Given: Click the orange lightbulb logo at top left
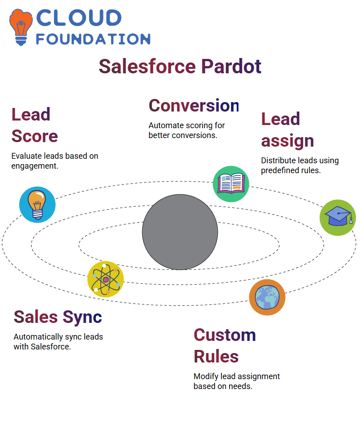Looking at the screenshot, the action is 21,27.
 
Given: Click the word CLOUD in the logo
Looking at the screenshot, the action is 79,18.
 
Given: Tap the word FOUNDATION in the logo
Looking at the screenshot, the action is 93,39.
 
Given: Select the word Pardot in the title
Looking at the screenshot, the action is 231,67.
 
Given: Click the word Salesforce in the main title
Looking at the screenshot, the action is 147,67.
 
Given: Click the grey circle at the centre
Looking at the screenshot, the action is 180,232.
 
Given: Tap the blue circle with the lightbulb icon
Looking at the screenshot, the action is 37,205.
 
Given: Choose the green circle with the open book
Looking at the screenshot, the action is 231,184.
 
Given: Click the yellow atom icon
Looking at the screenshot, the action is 106,279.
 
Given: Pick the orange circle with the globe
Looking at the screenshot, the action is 267,297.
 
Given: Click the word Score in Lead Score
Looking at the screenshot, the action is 35,136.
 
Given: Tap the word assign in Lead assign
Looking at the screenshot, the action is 288,141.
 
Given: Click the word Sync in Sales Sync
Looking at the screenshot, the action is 82,318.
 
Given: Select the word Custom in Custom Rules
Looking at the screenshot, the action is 225,335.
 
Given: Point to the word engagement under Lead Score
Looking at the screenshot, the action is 35,166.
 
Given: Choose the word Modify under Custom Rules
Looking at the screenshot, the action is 206,376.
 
